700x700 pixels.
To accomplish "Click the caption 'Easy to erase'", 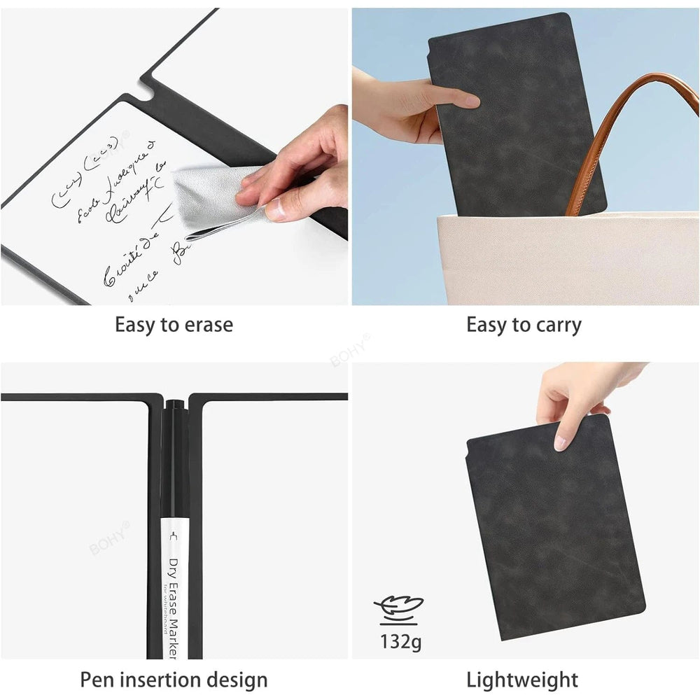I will (x=174, y=325).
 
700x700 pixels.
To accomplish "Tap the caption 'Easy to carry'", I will (x=524, y=325).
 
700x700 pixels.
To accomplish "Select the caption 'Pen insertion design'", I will (x=174, y=679).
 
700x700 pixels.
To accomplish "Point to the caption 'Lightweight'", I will (x=522, y=679).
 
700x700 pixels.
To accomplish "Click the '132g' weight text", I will (x=400, y=641).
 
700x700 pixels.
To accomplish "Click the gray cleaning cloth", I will (x=210, y=199).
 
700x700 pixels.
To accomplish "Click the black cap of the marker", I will (x=174, y=448).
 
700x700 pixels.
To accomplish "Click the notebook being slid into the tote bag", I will (x=518, y=119).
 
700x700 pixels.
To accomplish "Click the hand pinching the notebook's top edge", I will (x=574, y=399).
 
